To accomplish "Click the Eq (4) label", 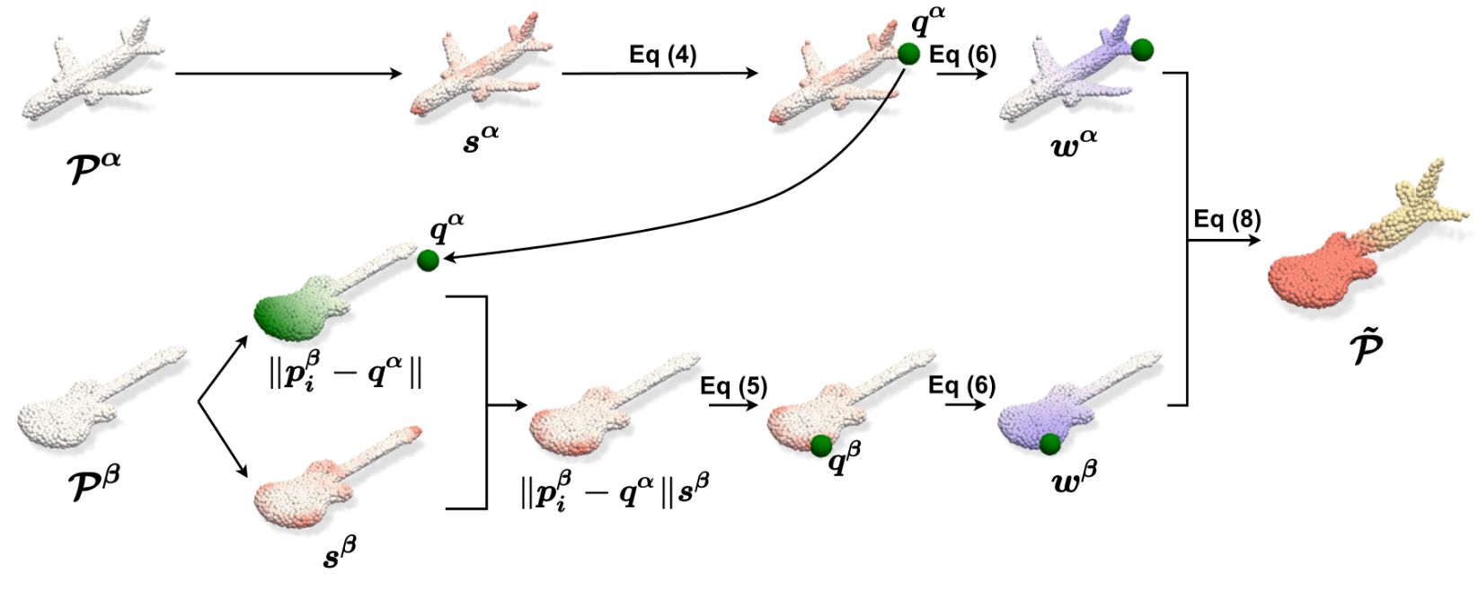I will click(662, 55).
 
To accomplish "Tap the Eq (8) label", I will click(1226, 220).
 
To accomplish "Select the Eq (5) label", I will click(734, 387).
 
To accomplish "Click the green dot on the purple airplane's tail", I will click(1142, 49).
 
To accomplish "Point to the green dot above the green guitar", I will click(428, 260).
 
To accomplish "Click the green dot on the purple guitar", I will click(1049, 443).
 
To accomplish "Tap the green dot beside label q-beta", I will click(820, 445).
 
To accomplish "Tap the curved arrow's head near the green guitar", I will click(449, 260).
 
